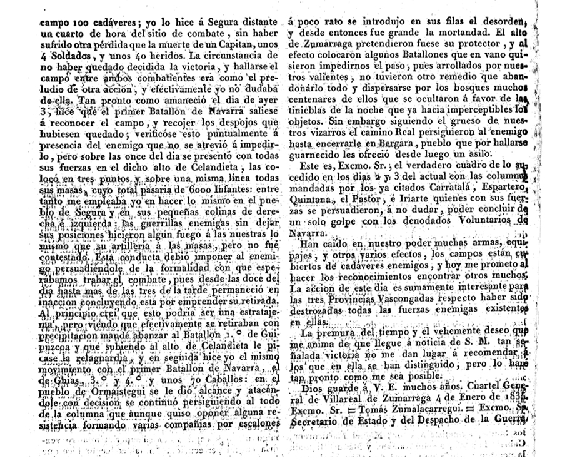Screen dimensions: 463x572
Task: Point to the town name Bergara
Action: [x=393, y=143]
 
